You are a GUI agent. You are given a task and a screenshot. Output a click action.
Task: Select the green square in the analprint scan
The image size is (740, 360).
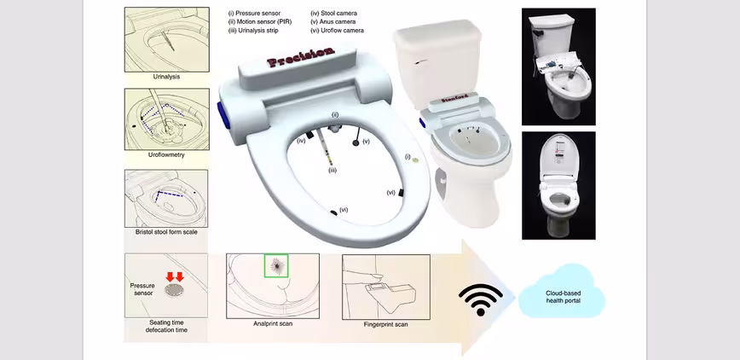click(275, 266)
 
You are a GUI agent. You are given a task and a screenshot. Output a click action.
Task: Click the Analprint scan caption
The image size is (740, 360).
click(274, 324)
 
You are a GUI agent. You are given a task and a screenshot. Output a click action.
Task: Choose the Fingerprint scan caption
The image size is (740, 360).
click(385, 324)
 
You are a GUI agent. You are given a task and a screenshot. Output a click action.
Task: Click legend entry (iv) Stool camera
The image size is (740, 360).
click(333, 14)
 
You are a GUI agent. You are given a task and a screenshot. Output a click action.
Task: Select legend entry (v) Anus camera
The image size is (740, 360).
click(333, 22)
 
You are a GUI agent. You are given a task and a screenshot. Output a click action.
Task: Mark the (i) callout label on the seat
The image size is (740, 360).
click(408, 156)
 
